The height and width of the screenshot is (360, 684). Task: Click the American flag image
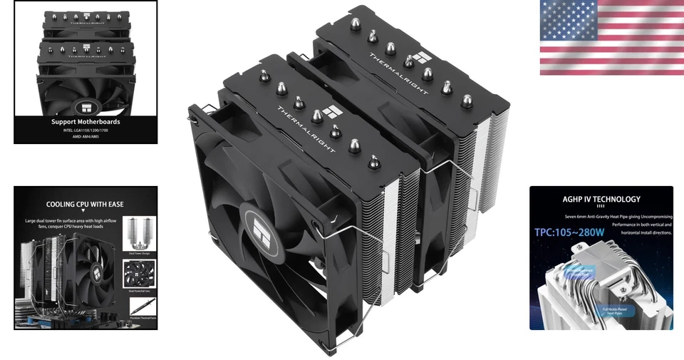[x=611, y=38]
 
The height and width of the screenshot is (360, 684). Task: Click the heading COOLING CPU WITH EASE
[x=85, y=204]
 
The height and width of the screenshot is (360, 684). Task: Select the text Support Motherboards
[x=85, y=122]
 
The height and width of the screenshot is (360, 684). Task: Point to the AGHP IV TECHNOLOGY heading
[x=601, y=200]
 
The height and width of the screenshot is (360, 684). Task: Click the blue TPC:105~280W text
[x=570, y=232]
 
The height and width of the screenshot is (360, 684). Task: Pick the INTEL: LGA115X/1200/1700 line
[x=85, y=130]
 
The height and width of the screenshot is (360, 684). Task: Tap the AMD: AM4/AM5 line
[x=85, y=137]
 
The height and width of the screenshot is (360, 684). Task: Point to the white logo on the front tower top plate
[x=330, y=112]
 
